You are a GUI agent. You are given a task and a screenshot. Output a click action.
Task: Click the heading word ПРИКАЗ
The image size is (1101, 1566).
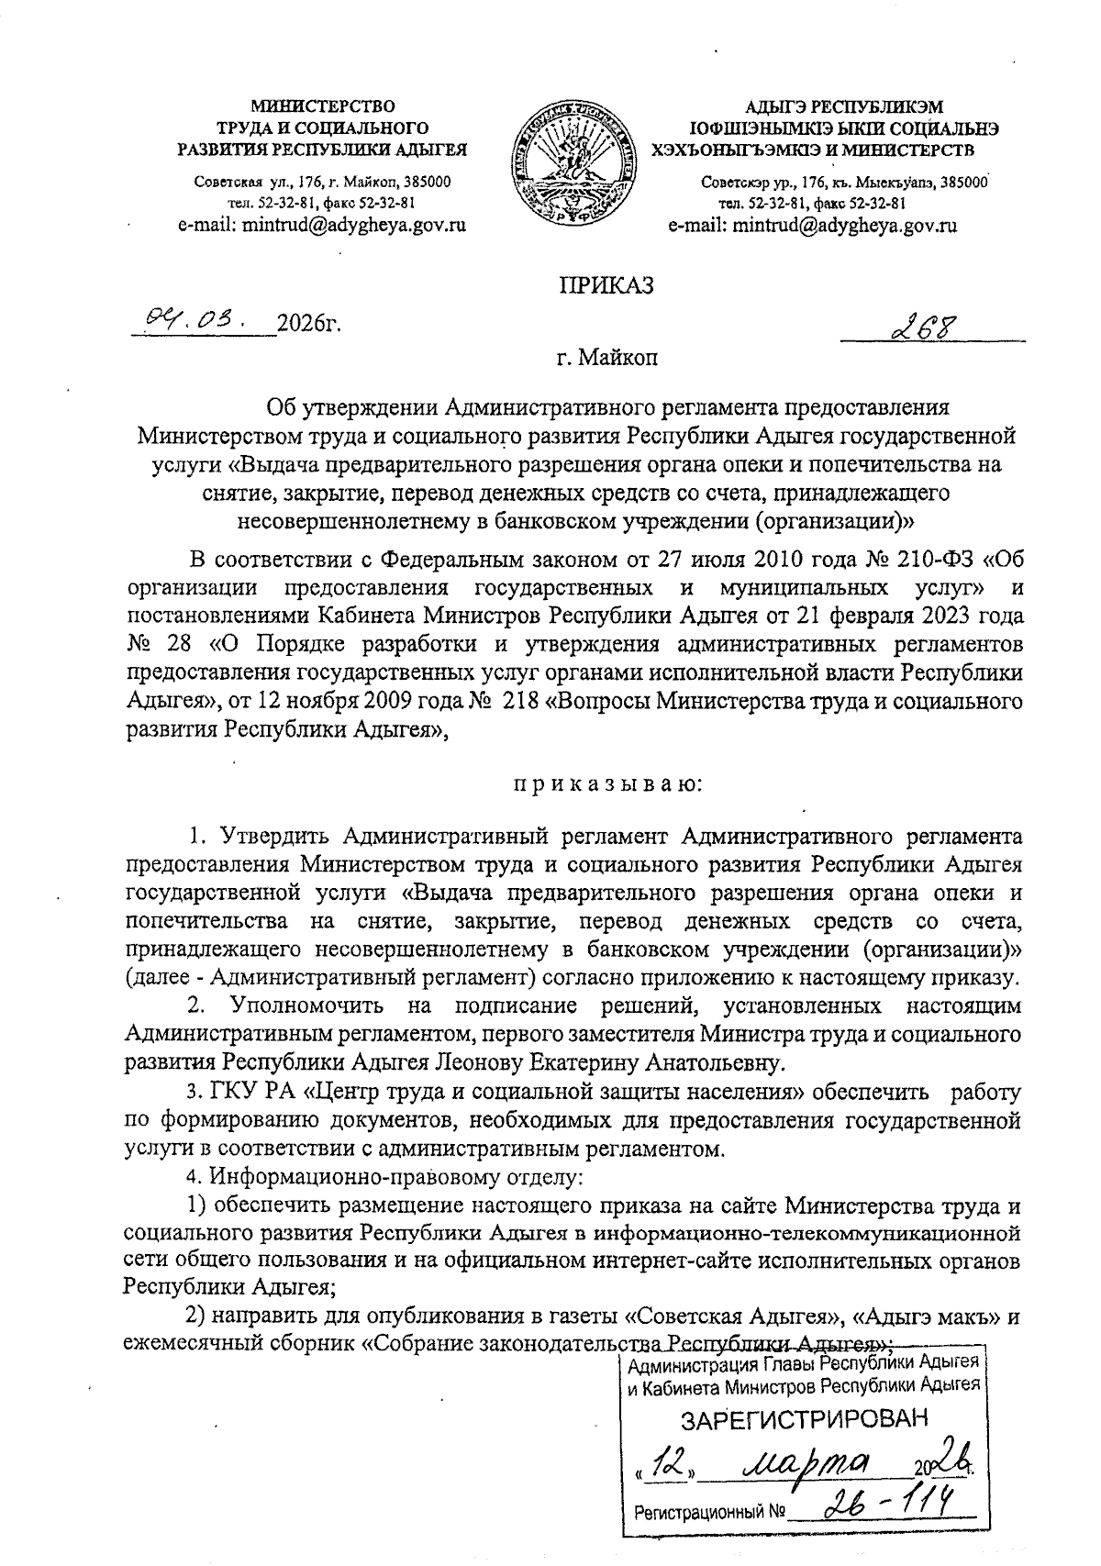pyautogui.click(x=606, y=285)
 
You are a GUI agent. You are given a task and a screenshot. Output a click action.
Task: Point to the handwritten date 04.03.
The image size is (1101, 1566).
pyautogui.click(x=191, y=321)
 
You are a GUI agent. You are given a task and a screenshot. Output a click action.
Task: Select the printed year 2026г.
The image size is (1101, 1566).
pyautogui.click(x=309, y=324)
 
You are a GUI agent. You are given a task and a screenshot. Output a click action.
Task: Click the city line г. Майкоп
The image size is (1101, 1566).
pyautogui.click(x=607, y=359)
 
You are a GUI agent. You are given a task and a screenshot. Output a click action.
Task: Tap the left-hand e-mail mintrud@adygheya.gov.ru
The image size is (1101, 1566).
pyautogui.click(x=322, y=225)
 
